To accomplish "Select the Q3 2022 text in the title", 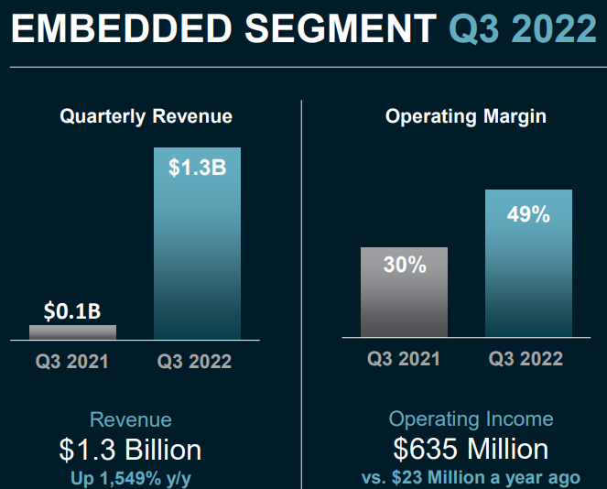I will coord(522,29).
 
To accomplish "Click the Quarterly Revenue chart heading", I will coord(146,116).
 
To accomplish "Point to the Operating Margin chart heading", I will coord(466,116).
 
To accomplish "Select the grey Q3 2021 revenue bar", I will coord(72,332).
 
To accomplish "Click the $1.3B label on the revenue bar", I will coord(197,168).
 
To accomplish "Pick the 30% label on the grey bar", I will coord(405,266).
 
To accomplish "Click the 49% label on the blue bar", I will coord(528,214).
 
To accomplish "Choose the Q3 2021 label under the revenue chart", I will coord(72,361).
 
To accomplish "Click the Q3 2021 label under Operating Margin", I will coord(404,358).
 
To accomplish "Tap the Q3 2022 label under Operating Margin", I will coord(526,358).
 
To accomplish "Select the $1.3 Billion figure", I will coord(130,450).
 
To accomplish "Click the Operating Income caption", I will coord(471,419).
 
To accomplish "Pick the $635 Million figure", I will coord(471,449).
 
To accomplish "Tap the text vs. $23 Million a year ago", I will coord(471,478).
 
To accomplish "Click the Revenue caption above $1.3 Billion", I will coord(130,420).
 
